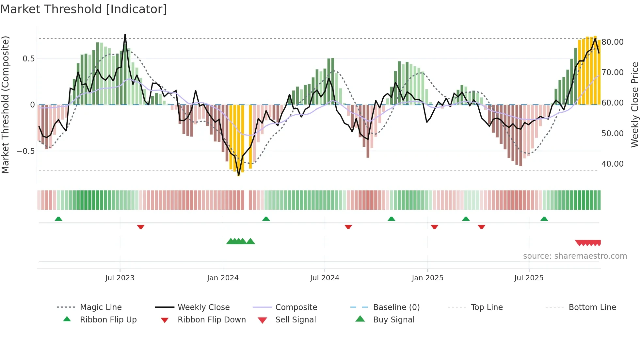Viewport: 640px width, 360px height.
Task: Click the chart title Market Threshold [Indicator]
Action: coord(84,9)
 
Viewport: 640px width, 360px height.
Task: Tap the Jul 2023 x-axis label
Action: coord(120,278)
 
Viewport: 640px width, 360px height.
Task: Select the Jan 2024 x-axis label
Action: coord(223,278)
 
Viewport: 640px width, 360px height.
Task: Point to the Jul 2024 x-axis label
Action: coord(325,278)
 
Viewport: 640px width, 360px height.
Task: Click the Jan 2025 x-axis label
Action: coord(427,278)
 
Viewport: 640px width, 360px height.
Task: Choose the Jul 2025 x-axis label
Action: coord(529,278)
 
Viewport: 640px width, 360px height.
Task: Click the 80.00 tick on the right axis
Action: coord(613,42)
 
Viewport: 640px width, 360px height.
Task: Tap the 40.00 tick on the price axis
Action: coord(613,164)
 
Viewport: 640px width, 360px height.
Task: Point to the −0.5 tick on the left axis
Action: coord(25,151)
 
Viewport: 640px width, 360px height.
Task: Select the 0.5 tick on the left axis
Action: coord(28,59)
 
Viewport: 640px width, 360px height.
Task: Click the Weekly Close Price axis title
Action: coord(634,105)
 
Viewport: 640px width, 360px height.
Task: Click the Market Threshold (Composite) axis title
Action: coord(5,105)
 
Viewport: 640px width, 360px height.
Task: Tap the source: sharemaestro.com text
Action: coord(575,256)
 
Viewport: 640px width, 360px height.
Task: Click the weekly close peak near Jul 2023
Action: coord(125,35)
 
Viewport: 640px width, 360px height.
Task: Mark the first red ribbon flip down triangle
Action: coord(141,227)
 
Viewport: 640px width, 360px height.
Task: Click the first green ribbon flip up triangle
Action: coord(58,219)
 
